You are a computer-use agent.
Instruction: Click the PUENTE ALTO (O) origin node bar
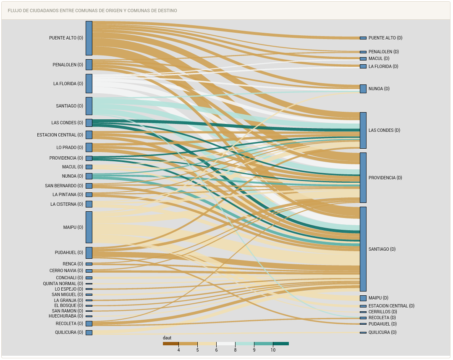[89, 38]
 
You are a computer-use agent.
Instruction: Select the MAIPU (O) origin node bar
[89, 227]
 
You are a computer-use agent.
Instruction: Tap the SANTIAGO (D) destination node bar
[363, 249]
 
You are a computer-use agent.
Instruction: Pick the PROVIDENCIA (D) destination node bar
[363, 178]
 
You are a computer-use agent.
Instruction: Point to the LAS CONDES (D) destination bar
[363, 130]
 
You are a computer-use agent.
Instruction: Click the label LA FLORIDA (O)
[68, 84]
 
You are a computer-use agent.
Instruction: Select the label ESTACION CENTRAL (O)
[60, 135]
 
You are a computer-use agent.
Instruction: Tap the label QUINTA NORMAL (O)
[63, 284]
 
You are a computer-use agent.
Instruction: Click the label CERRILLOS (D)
[382, 312]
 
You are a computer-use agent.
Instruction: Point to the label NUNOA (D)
[379, 89]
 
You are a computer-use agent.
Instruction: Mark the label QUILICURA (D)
[382, 332]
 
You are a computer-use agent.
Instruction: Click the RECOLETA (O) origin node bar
[89, 323]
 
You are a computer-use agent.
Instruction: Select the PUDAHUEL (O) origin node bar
[89, 252]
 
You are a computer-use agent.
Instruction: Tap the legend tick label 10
[273, 350]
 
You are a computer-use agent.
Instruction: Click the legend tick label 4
[178, 350]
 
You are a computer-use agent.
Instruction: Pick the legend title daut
[167, 338]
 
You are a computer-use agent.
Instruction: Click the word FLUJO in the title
[14, 11]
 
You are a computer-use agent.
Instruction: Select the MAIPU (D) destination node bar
[363, 298]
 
